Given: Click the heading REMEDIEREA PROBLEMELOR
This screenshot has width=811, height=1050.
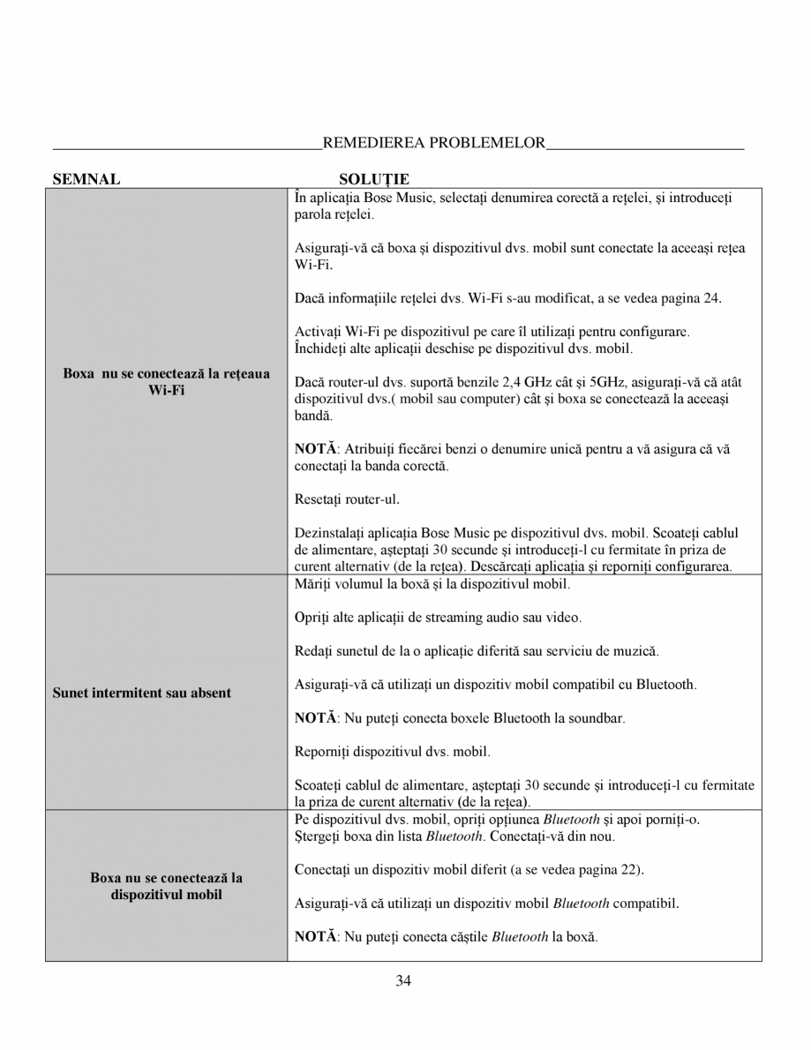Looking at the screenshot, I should (434, 143).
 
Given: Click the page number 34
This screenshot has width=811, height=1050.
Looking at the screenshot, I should (404, 980).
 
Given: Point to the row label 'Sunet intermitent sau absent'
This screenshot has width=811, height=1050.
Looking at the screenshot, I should (141, 693).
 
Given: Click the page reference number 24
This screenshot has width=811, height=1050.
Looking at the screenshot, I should (712, 298).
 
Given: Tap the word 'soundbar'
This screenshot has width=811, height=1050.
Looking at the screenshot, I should (598, 718).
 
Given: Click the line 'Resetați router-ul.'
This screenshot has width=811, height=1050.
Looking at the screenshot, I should (347, 499).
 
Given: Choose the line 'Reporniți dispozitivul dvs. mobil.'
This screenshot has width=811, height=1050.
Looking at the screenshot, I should (392, 752).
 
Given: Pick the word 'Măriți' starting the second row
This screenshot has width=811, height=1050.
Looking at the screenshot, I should (312, 584).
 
